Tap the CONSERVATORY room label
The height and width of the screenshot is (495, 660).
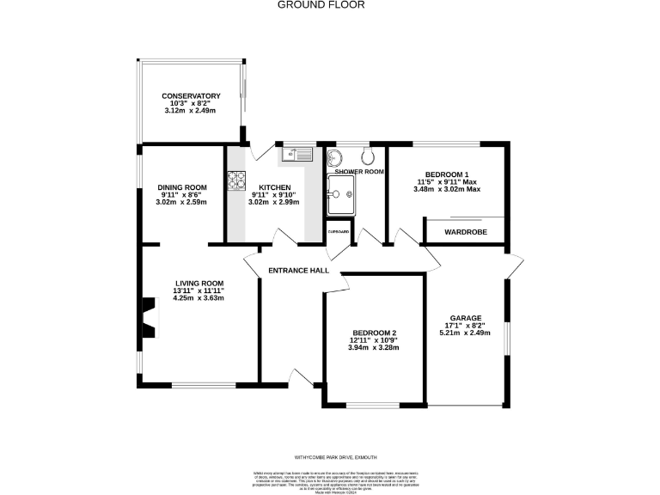coord(192,96)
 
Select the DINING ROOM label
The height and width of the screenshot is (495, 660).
coord(182,187)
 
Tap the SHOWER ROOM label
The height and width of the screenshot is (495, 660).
coord(359,172)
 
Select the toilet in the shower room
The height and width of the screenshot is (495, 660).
coord(368,156)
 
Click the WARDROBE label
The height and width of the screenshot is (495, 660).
coord(465,232)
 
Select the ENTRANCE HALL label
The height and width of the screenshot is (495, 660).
coord(299,271)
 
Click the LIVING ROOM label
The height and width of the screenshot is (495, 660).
coord(199,284)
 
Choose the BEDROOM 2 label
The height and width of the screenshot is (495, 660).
coord(375,333)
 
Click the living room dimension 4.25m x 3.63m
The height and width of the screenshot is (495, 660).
coord(199,298)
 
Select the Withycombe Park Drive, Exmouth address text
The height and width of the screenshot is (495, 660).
coord(329,457)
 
